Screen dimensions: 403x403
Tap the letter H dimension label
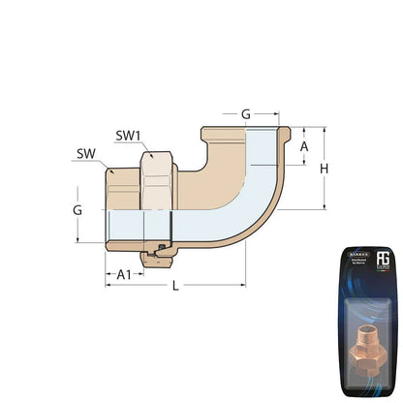click(x=324, y=169)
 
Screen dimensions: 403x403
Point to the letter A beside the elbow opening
click(x=304, y=146)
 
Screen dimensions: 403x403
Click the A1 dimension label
click(x=123, y=274)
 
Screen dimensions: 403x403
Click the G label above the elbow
click(x=246, y=114)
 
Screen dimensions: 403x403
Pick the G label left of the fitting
click(x=77, y=208)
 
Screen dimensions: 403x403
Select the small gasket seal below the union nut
click(x=155, y=257)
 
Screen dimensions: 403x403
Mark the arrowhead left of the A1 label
click(x=108, y=274)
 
